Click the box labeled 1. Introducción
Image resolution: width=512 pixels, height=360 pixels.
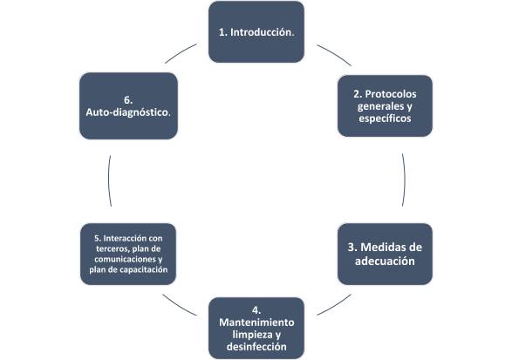click(x=256, y=31)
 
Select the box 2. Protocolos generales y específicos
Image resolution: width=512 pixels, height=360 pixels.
click(x=385, y=105)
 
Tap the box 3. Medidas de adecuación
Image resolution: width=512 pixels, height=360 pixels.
click(x=385, y=254)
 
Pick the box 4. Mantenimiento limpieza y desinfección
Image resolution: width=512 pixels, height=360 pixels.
click(x=256, y=328)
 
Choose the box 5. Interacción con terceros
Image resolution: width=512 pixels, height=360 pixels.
click(x=128, y=254)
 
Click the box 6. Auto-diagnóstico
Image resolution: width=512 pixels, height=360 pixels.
click(x=128, y=105)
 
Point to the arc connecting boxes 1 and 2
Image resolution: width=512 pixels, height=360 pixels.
click(x=335, y=54)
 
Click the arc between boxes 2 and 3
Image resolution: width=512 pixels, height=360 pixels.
click(x=405, y=180)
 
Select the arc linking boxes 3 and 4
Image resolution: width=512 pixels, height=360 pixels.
click(x=335, y=306)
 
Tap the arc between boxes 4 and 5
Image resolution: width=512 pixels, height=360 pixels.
click(x=179, y=306)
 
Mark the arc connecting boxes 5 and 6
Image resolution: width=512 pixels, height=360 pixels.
click(x=109, y=180)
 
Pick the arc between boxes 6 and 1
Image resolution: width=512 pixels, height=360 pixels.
click(x=181, y=52)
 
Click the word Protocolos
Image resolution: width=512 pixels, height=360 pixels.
click(x=391, y=94)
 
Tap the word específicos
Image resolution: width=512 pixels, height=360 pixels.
click(x=385, y=119)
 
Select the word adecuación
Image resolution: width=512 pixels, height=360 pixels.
click(x=385, y=262)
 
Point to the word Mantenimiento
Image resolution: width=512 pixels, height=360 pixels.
click(x=256, y=323)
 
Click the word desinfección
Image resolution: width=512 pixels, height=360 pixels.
click(x=256, y=347)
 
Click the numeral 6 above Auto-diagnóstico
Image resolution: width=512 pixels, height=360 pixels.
click(x=127, y=100)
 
